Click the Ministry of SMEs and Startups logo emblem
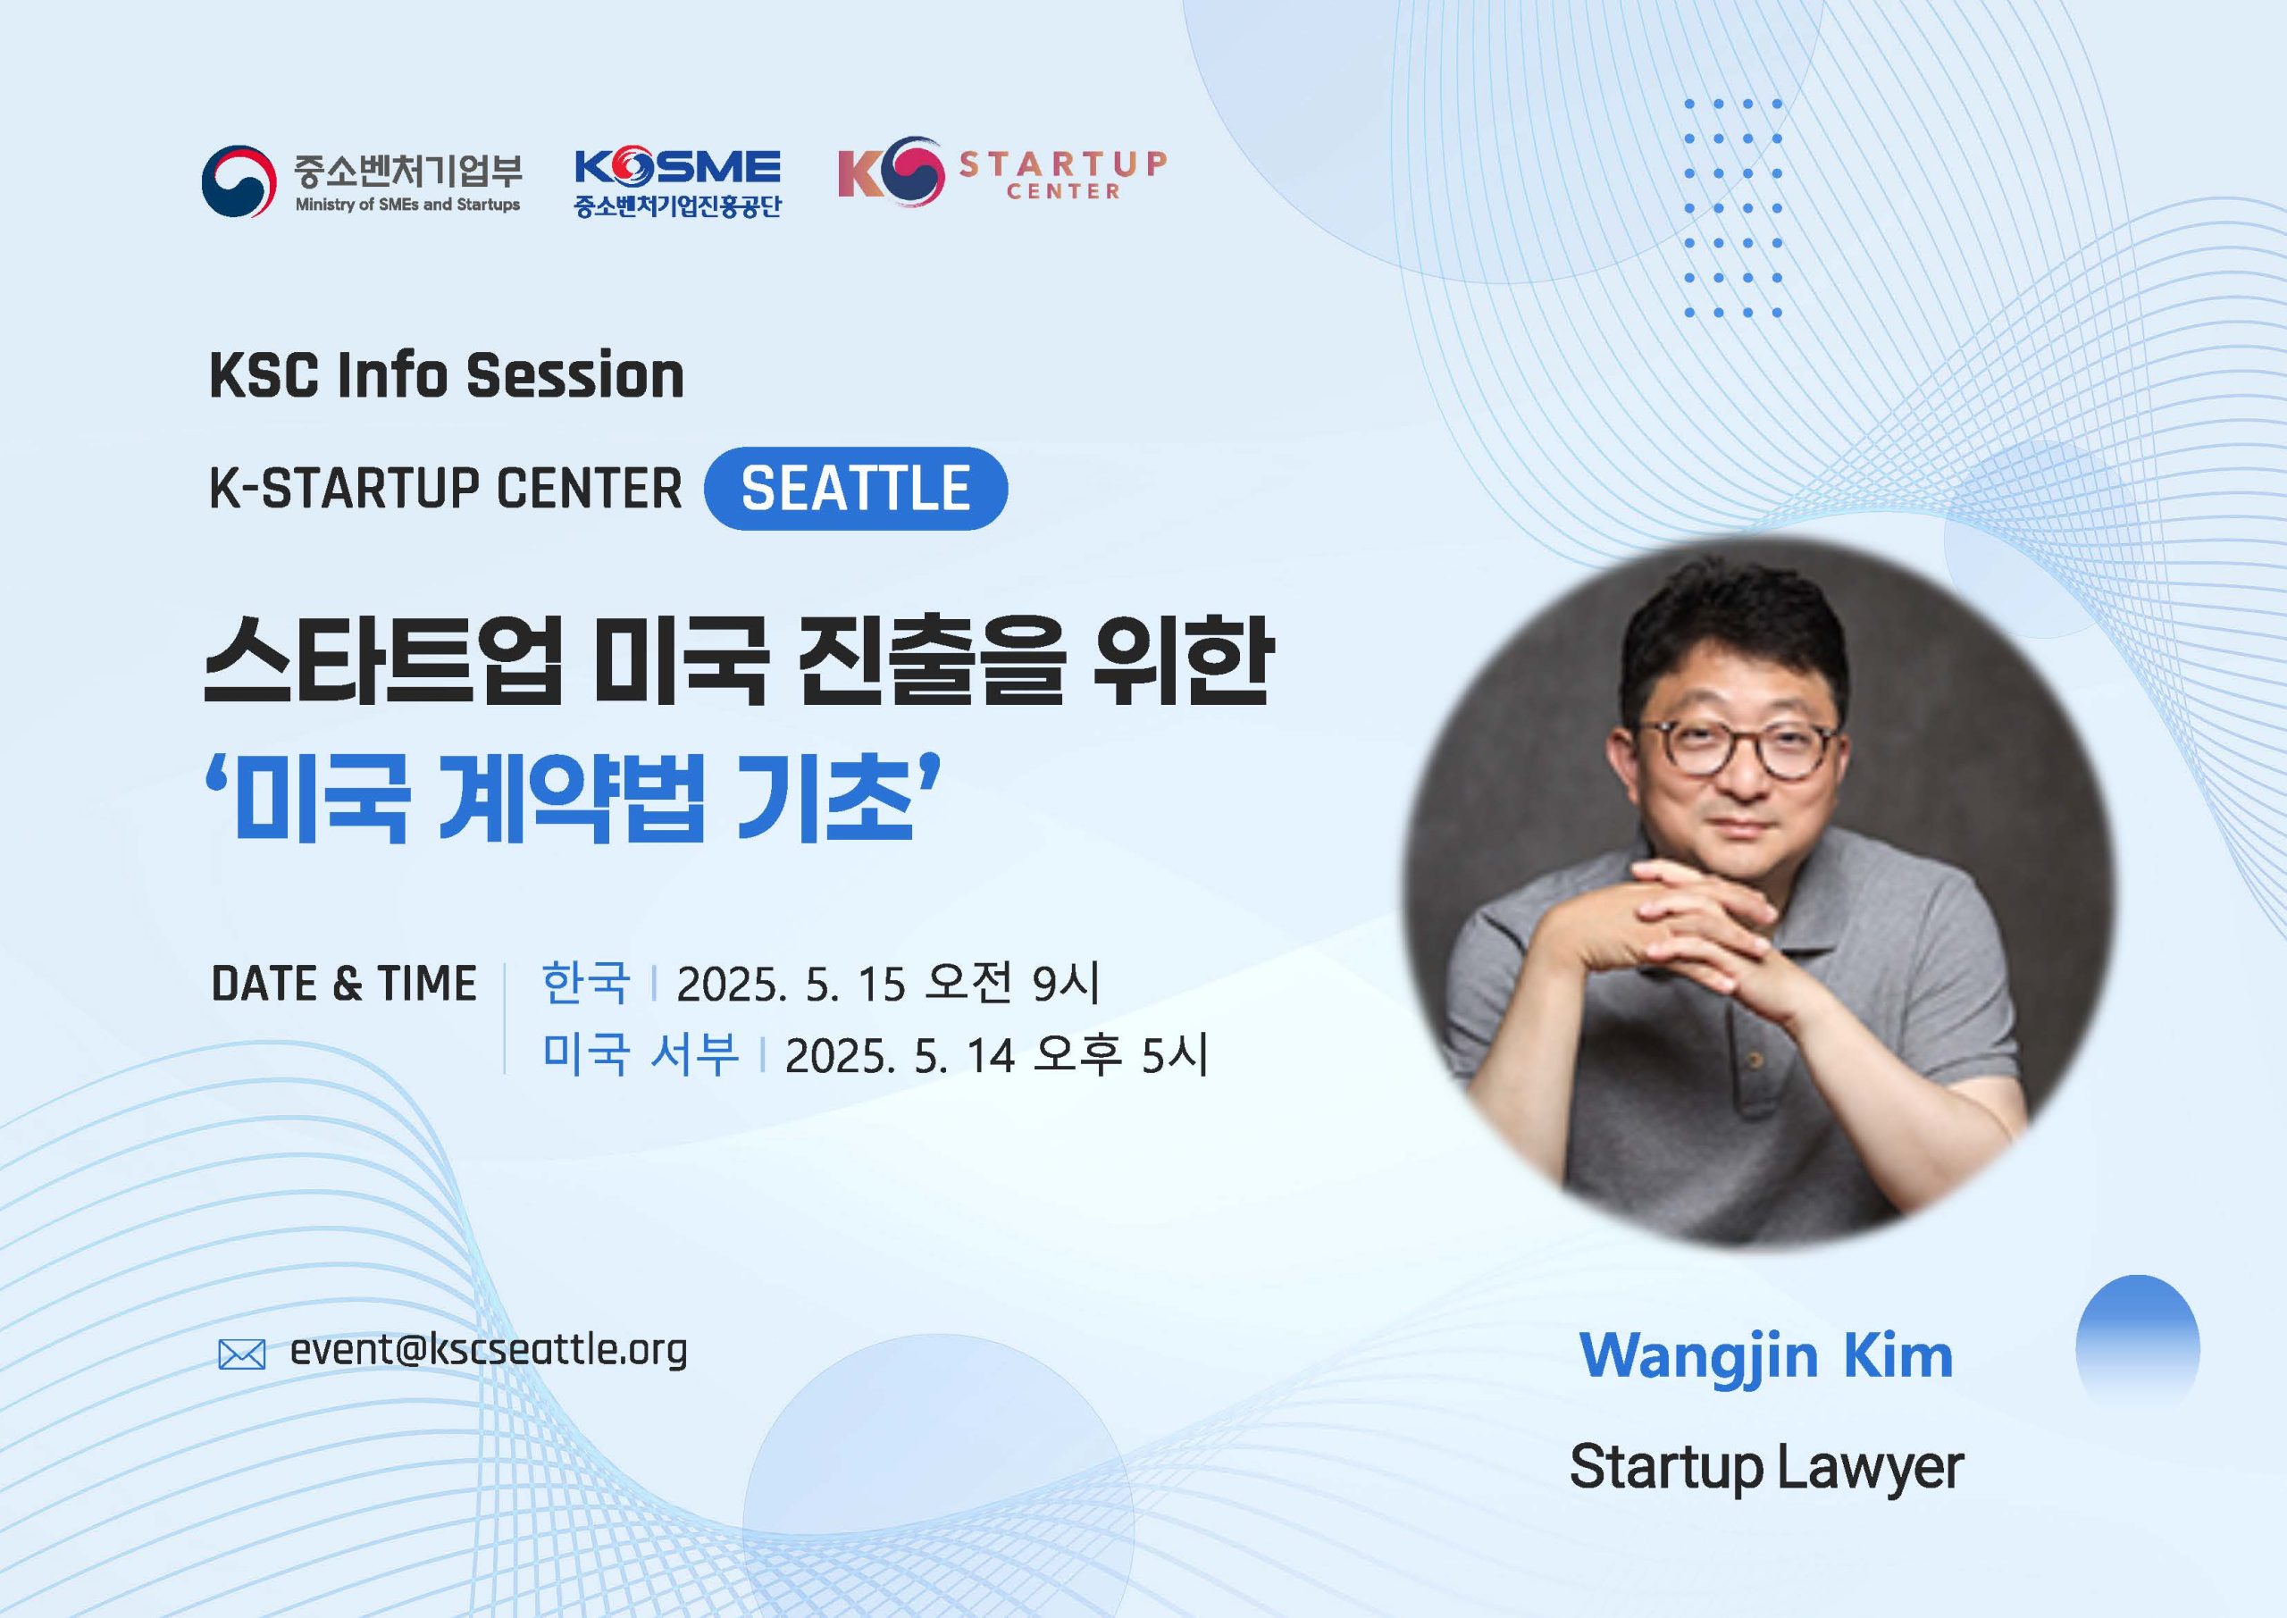point(239,180)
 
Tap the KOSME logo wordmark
point(677,168)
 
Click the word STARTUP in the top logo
point(1063,163)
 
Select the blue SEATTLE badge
point(856,488)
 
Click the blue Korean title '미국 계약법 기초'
point(573,797)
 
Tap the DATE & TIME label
point(344,984)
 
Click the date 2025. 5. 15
point(791,985)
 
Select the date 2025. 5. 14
point(900,1055)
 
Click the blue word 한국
point(586,983)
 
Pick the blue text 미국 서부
point(641,1053)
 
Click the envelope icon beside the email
point(242,1355)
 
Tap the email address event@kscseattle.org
point(488,1351)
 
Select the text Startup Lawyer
point(1766,1469)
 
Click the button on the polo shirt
point(1755,1061)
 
